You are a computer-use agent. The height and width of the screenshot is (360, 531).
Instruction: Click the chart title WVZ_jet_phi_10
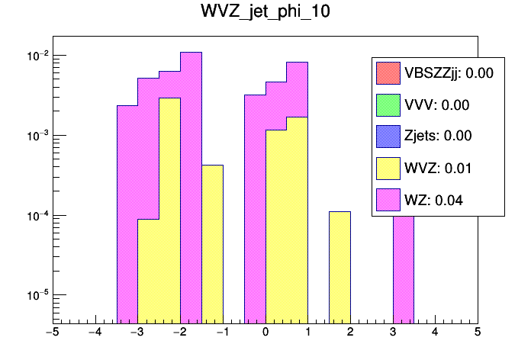tap(265, 14)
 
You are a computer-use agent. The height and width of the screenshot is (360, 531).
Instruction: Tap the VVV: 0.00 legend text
tap(436, 105)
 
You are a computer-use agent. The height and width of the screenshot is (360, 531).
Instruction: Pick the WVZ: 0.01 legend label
tap(437, 168)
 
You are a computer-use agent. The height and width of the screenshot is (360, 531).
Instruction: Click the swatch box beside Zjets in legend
tap(388, 137)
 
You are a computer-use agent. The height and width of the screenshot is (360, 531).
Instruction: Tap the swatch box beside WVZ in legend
tap(388, 168)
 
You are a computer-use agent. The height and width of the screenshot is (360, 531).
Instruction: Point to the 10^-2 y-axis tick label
tap(35, 56)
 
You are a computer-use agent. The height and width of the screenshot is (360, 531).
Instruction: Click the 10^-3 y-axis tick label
tap(35, 135)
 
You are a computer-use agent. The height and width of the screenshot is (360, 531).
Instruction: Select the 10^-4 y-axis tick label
tap(35, 215)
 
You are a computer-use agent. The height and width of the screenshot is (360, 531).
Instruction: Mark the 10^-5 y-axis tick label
tap(35, 294)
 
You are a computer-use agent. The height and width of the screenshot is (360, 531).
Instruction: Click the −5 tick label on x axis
tap(52, 333)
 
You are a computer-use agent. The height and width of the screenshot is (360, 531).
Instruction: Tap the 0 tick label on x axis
tap(265, 333)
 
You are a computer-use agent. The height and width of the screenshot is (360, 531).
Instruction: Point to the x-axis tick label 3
tap(393, 333)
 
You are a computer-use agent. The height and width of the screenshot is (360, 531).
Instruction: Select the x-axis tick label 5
tap(478, 333)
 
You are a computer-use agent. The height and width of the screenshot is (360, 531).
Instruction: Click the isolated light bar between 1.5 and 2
tap(340, 267)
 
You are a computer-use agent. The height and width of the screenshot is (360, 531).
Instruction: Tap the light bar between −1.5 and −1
tap(212, 244)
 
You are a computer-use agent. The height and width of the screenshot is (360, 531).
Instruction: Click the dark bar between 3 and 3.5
tap(403, 267)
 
